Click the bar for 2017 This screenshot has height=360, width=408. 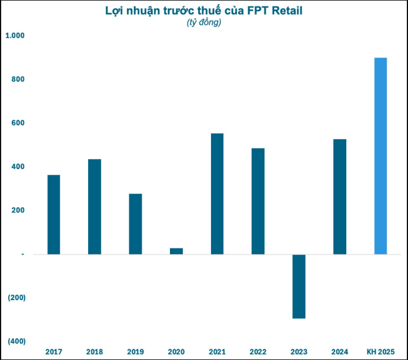53,214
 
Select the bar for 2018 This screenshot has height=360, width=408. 94,207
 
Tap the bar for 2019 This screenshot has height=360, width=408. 135,224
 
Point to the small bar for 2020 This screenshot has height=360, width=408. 176,251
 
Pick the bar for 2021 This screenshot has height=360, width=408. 217,194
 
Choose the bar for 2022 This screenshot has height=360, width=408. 258,201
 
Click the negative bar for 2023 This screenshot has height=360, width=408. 299,286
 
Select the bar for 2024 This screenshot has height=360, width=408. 340,197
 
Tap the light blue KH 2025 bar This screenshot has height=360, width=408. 380,156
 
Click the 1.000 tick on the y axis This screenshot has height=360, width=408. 15,36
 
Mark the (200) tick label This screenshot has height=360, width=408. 16,298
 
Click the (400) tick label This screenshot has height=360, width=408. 16,341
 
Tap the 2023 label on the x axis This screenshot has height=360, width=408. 299,351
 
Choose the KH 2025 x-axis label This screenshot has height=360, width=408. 380,351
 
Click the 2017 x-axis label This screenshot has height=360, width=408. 53,351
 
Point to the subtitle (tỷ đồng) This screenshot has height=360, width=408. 203,23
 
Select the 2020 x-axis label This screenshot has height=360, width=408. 176,351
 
